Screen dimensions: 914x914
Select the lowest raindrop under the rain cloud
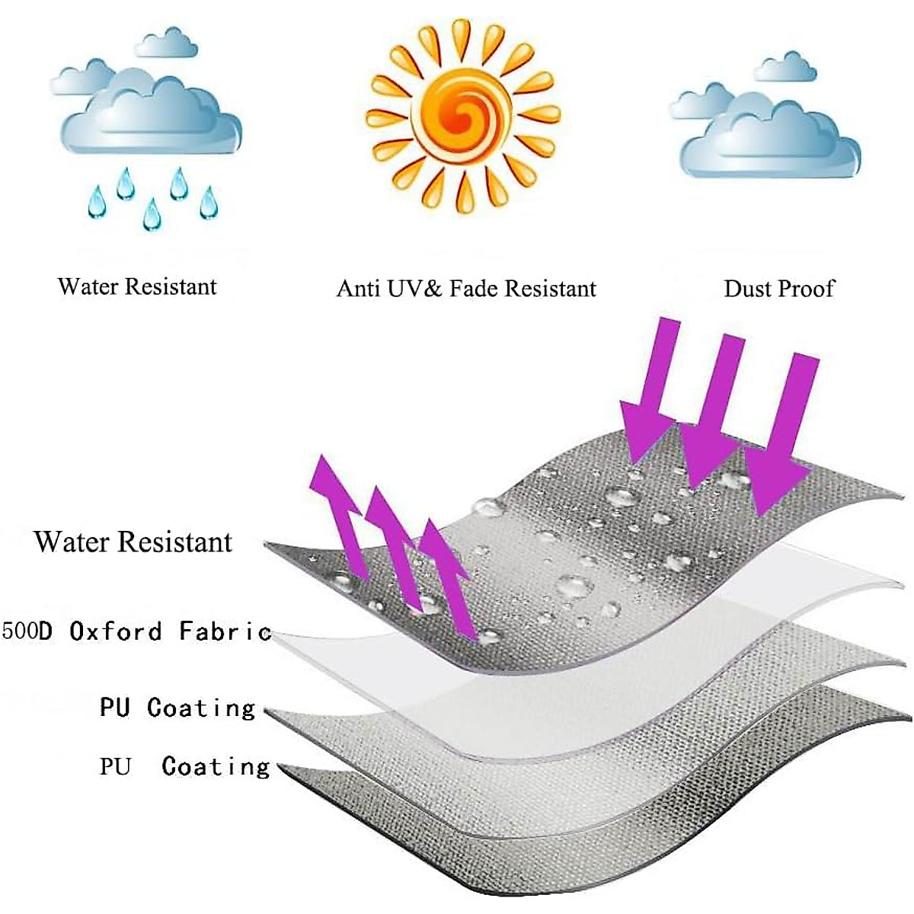point(152,215)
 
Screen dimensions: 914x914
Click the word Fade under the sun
point(473,289)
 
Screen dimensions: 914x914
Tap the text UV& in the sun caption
point(415,289)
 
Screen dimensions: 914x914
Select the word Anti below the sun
point(358,289)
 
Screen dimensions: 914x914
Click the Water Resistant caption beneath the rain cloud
point(137,286)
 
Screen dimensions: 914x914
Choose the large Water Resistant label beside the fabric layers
point(133,542)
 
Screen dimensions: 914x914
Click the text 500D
point(27,631)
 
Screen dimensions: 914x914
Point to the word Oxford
point(116,631)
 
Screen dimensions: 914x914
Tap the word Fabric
point(225,631)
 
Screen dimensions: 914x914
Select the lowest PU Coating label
point(184,765)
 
